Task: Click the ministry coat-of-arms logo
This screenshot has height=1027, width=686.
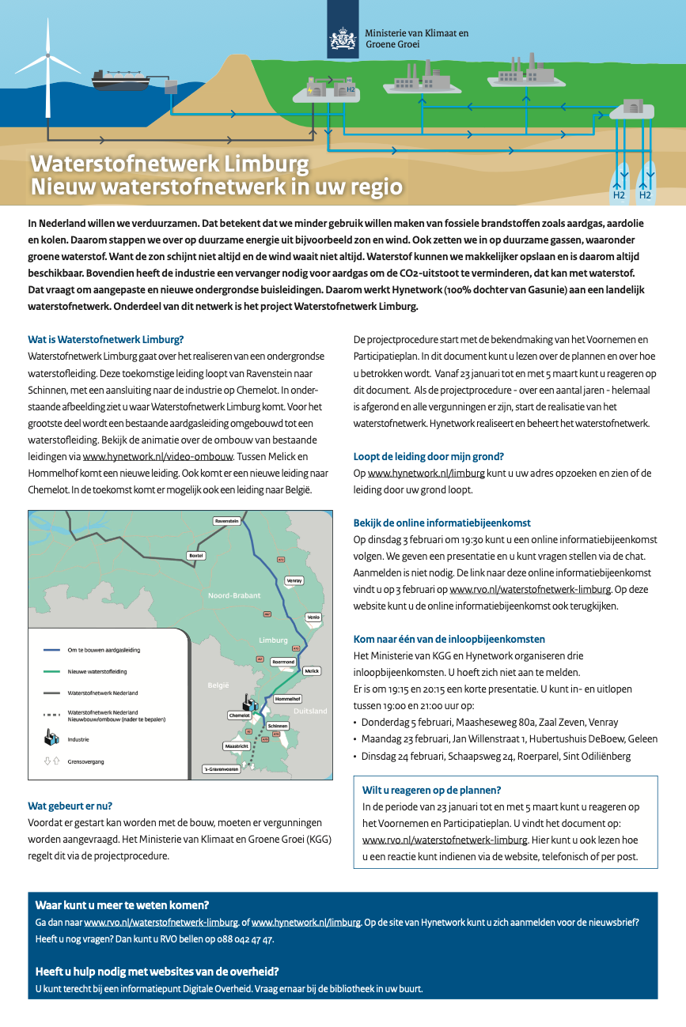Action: click(x=343, y=39)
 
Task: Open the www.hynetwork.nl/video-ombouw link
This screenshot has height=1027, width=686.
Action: click(x=158, y=457)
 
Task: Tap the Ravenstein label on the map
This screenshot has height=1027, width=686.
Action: click(x=227, y=521)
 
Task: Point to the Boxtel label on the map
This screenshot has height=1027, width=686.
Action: click(x=196, y=556)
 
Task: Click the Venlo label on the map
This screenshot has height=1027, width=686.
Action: click(x=313, y=617)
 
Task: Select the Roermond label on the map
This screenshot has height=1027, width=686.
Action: click(x=282, y=661)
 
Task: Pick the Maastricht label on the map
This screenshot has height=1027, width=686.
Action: click(x=237, y=746)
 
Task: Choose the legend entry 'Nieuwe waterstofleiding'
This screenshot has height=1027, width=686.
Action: click(x=97, y=671)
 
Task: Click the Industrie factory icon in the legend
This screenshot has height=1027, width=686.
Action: click(x=51, y=738)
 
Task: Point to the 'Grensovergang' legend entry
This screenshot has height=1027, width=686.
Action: click(x=85, y=761)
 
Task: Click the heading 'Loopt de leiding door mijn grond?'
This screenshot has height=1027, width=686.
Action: click(x=428, y=456)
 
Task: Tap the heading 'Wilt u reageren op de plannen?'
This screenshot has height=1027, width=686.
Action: click(x=431, y=790)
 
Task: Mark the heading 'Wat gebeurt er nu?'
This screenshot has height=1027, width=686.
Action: click(x=70, y=806)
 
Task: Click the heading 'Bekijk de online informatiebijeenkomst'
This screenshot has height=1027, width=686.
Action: click(x=442, y=523)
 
